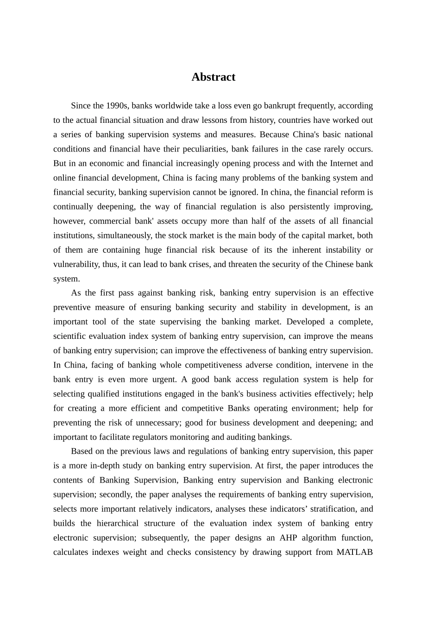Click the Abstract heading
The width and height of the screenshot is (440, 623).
[x=213, y=77]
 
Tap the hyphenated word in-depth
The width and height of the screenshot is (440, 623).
[x=100, y=465]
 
